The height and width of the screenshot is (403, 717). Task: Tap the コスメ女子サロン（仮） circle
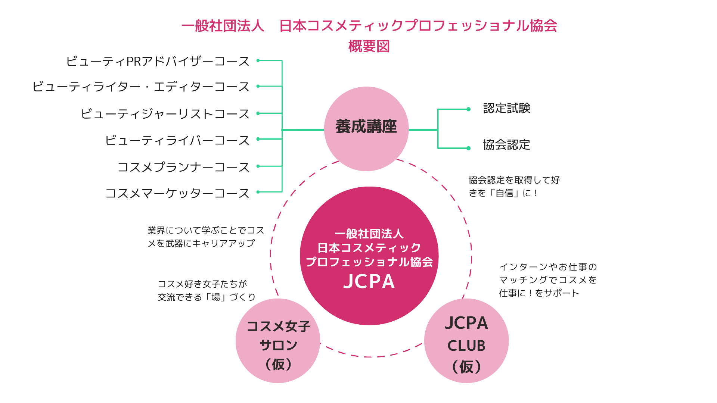tap(278, 341)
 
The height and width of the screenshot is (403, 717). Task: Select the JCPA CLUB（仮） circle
tap(466, 341)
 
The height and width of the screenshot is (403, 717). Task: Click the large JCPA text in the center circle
tap(369, 281)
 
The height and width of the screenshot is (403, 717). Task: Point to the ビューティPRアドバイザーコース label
tap(158, 61)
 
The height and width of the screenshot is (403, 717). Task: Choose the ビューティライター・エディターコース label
tap(141, 87)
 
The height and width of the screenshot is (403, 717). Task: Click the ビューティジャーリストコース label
tap(165, 113)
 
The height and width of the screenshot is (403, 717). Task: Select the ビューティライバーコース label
tap(177, 140)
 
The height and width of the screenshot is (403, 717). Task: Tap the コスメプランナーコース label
tap(183, 167)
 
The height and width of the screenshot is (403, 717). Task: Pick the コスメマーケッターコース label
tap(177, 193)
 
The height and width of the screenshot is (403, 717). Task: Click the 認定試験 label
tap(506, 108)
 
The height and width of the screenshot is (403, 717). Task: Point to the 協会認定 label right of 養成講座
tap(506, 145)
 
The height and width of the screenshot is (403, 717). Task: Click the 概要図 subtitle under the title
tap(369, 47)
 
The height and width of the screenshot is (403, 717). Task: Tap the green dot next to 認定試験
tap(469, 109)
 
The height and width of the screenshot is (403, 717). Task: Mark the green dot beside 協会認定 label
tap(469, 148)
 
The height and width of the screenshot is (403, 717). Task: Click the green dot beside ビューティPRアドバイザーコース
tap(258, 60)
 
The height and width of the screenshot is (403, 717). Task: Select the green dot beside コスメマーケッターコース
tap(258, 192)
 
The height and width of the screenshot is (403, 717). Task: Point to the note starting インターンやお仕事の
tap(548, 280)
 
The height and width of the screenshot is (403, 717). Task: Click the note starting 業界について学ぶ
tap(205, 237)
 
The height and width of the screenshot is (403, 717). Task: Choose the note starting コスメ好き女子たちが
tap(207, 290)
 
